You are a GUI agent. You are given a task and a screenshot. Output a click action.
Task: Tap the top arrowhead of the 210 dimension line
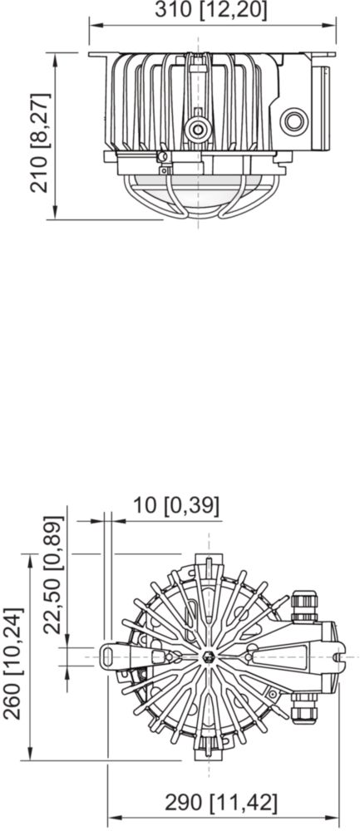(55, 58)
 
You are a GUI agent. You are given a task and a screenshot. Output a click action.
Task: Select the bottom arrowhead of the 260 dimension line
(30, 755)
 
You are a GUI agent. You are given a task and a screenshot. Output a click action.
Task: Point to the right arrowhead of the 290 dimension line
(333, 818)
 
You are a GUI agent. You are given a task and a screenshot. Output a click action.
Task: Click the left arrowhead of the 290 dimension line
(113, 818)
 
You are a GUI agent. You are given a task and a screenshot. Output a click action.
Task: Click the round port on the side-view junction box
(293, 121)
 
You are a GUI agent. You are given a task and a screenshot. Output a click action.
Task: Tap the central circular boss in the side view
(199, 129)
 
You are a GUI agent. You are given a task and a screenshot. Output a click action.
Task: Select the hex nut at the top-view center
(209, 656)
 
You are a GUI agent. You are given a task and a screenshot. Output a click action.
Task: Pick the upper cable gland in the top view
(304, 607)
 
